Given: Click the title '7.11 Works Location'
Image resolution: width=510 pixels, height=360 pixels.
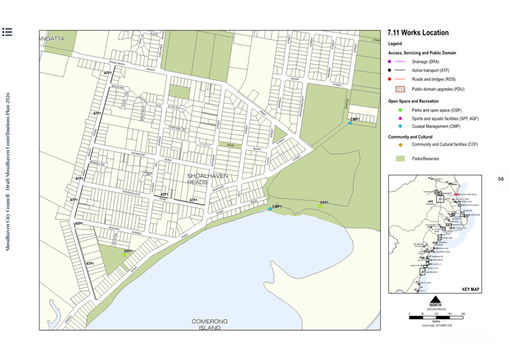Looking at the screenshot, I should (x=418, y=33).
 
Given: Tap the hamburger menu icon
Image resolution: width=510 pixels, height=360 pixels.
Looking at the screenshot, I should (x=7, y=32).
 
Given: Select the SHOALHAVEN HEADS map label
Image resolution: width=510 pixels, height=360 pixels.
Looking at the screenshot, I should (x=201, y=178).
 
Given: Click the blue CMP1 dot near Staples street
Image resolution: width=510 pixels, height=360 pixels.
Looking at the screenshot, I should (x=350, y=123).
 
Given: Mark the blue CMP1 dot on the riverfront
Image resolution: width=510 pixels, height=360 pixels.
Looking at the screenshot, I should (x=270, y=209).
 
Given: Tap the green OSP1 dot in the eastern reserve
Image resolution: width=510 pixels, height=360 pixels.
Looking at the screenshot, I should (x=321, y=206).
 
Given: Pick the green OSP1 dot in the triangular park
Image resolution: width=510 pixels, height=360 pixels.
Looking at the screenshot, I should (x=123, y=255).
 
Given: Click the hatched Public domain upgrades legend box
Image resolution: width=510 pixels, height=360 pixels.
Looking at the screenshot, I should (x=400, y=89).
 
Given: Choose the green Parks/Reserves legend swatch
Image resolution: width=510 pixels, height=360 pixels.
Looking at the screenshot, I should (x=400, y=158).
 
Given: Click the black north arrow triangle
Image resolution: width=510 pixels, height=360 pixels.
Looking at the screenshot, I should (x=435, y=299).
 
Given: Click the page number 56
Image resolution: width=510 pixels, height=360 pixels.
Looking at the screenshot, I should (x=500, y=179).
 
